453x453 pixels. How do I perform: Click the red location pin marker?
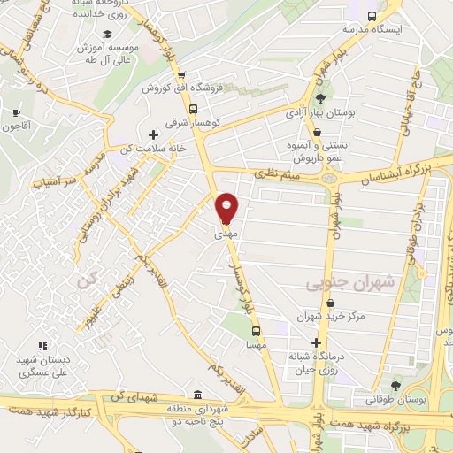click(x=227, y=208)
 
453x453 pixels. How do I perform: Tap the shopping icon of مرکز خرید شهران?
click(x=317, y=300)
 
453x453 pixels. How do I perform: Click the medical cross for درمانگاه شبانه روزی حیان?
click(x=317, y=342)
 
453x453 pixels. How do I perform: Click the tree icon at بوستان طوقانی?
click(x=395, y=386)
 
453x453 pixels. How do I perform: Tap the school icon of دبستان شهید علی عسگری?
click(x=42, y=347)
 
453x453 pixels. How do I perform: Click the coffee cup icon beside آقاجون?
click(x=17, y=112)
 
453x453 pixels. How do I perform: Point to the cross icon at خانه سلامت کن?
click(x=155, y=134)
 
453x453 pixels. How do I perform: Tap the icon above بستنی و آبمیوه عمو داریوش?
click(x=317, y=132)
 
